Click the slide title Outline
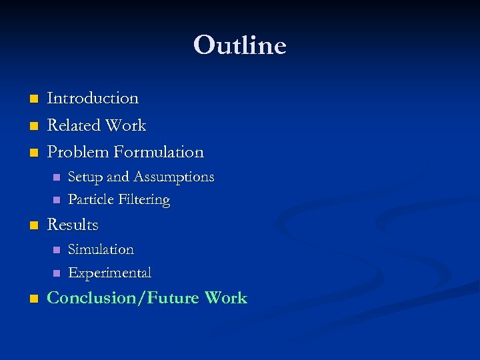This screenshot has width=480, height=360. (240, 46)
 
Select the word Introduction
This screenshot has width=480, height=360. (93, 98)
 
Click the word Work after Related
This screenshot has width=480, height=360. (129, 125)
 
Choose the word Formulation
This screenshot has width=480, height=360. (159, 152)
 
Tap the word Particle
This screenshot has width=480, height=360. (91, 199)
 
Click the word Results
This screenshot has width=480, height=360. (73, 225)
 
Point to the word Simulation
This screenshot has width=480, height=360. (101, 249)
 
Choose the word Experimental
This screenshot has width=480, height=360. (110, 273)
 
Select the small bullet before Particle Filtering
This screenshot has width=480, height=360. (56, 200)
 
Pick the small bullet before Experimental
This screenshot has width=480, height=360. (56, 273)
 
